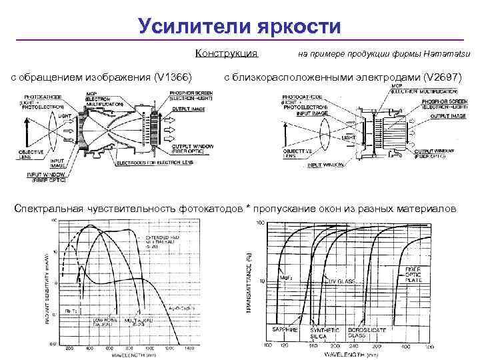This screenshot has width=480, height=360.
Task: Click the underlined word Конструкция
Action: pyautogui.click(x=227, y=53)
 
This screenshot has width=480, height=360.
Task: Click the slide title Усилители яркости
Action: pyautogui.click(x=239, y=26)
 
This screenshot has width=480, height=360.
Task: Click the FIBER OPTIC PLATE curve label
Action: pyautogui.click(x=416, y=274)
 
